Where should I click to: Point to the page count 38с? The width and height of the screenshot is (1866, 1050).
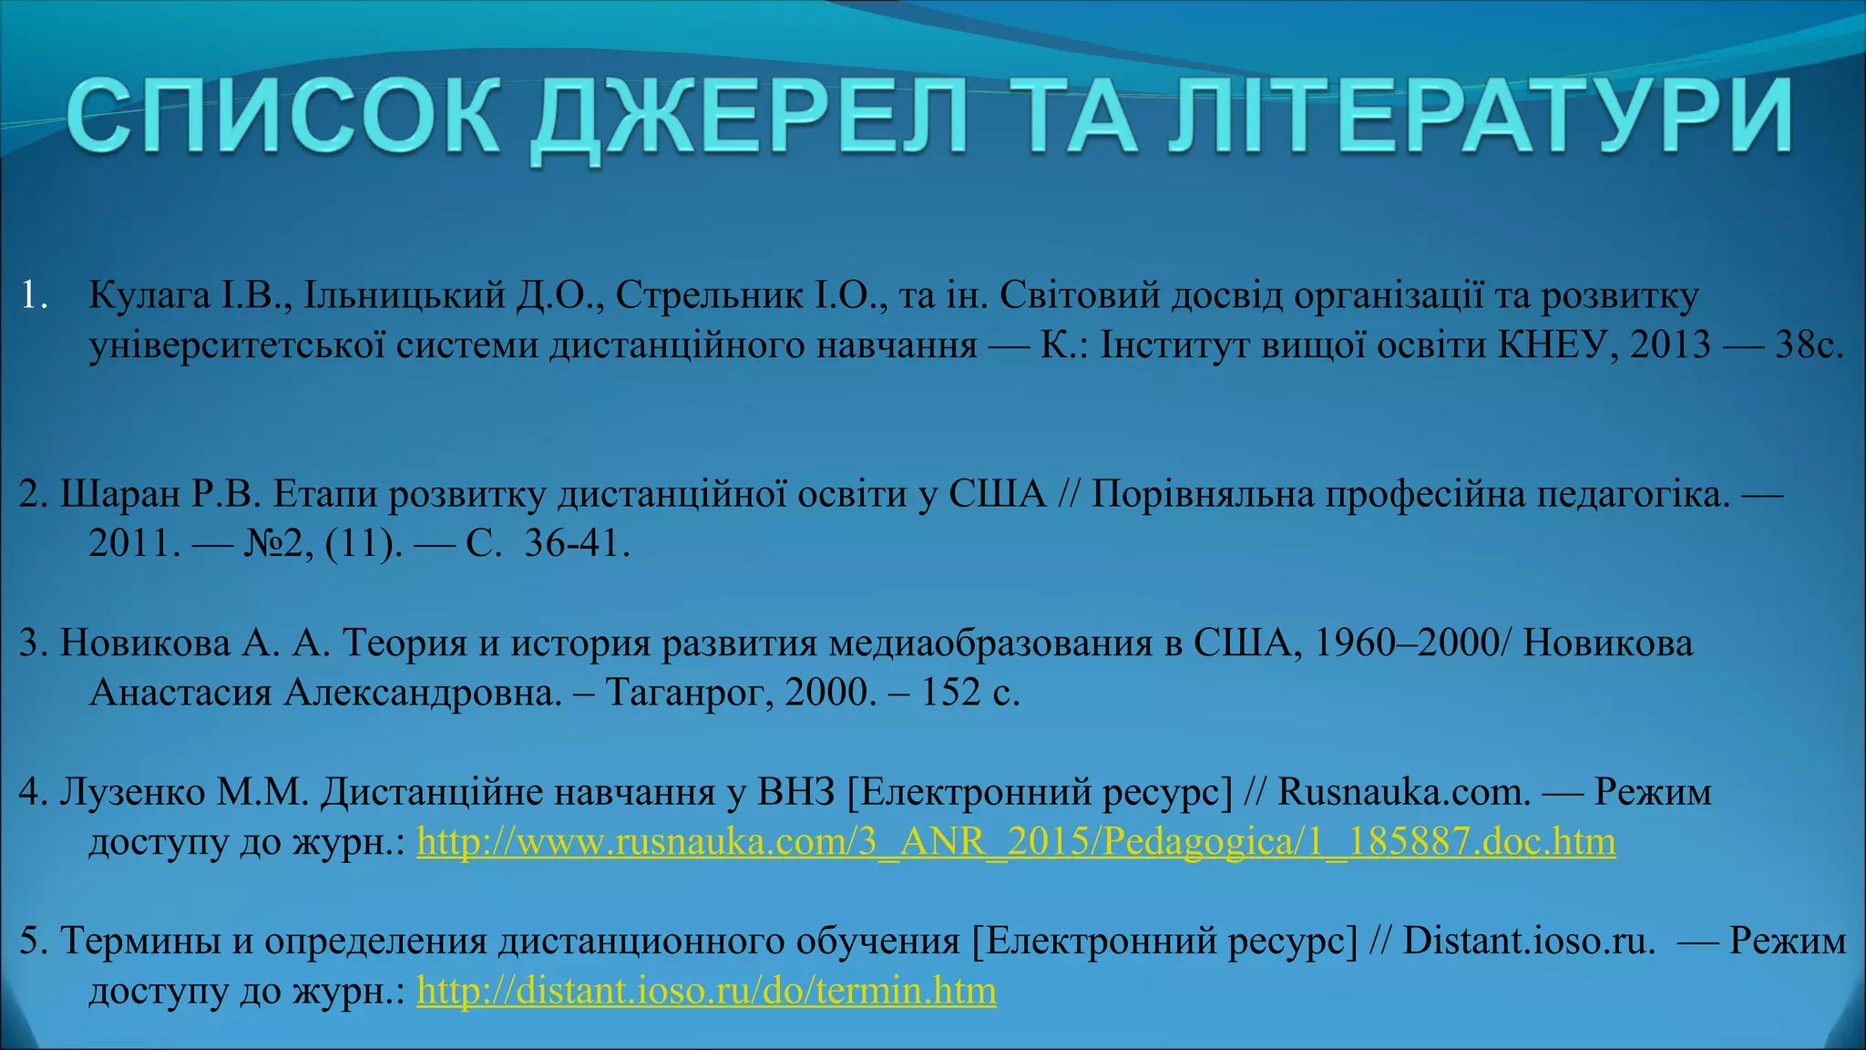[1809, 345]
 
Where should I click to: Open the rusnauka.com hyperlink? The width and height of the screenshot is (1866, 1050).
[1016, 841]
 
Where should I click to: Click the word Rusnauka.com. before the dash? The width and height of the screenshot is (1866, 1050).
[1404, 792]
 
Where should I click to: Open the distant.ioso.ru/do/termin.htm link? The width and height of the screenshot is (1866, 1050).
[706, 991]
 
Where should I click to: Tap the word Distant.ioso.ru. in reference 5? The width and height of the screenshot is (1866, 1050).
[1528, 942]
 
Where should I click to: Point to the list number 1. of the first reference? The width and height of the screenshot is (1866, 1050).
[34, 296]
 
